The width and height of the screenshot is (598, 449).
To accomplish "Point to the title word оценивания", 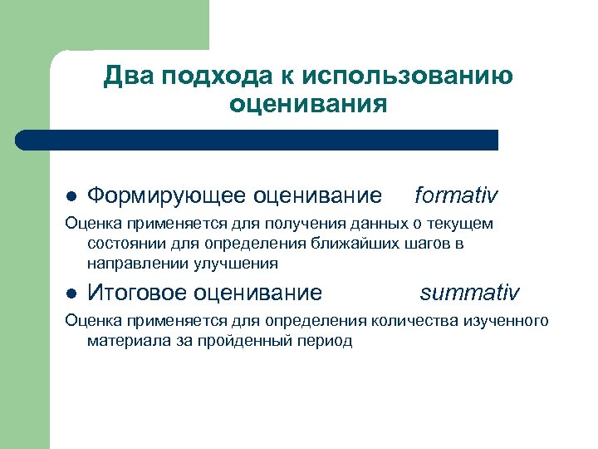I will coord(308,106).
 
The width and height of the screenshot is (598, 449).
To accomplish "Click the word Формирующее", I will coord(166,196).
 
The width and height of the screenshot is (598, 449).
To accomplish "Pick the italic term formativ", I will coord(456,195).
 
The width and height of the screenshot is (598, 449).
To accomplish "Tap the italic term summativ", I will coord(469,293).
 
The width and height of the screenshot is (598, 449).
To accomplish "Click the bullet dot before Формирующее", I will coord(71,197).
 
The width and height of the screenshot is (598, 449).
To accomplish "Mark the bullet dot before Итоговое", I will coord(71,294).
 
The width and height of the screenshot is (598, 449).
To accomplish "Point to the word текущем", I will coord(462,224).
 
